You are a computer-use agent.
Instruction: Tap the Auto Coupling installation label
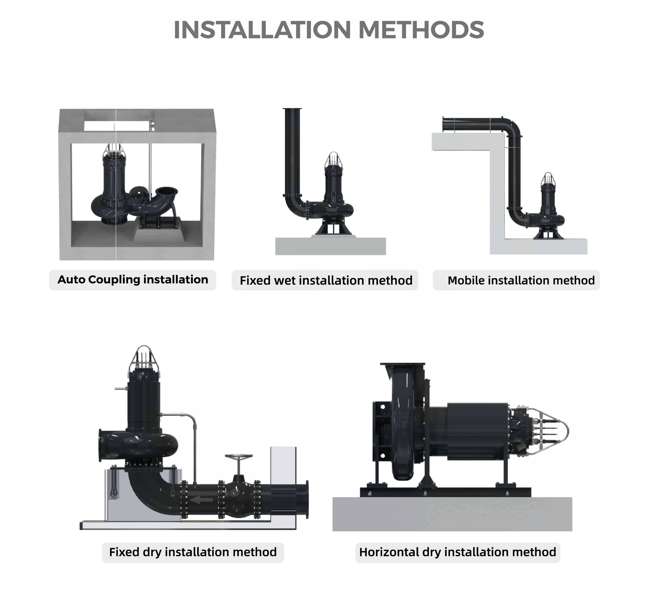coord(133,280)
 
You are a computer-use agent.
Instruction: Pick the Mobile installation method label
coord(521,281)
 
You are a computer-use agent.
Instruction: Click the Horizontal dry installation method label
coord(458,552)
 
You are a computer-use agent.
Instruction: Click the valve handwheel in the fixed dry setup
coord(239,456)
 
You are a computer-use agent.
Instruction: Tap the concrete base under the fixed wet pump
coord(331,246)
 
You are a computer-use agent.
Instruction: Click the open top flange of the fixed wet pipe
coord(292,109)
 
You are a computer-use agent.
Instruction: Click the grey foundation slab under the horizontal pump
coord(452,514)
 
